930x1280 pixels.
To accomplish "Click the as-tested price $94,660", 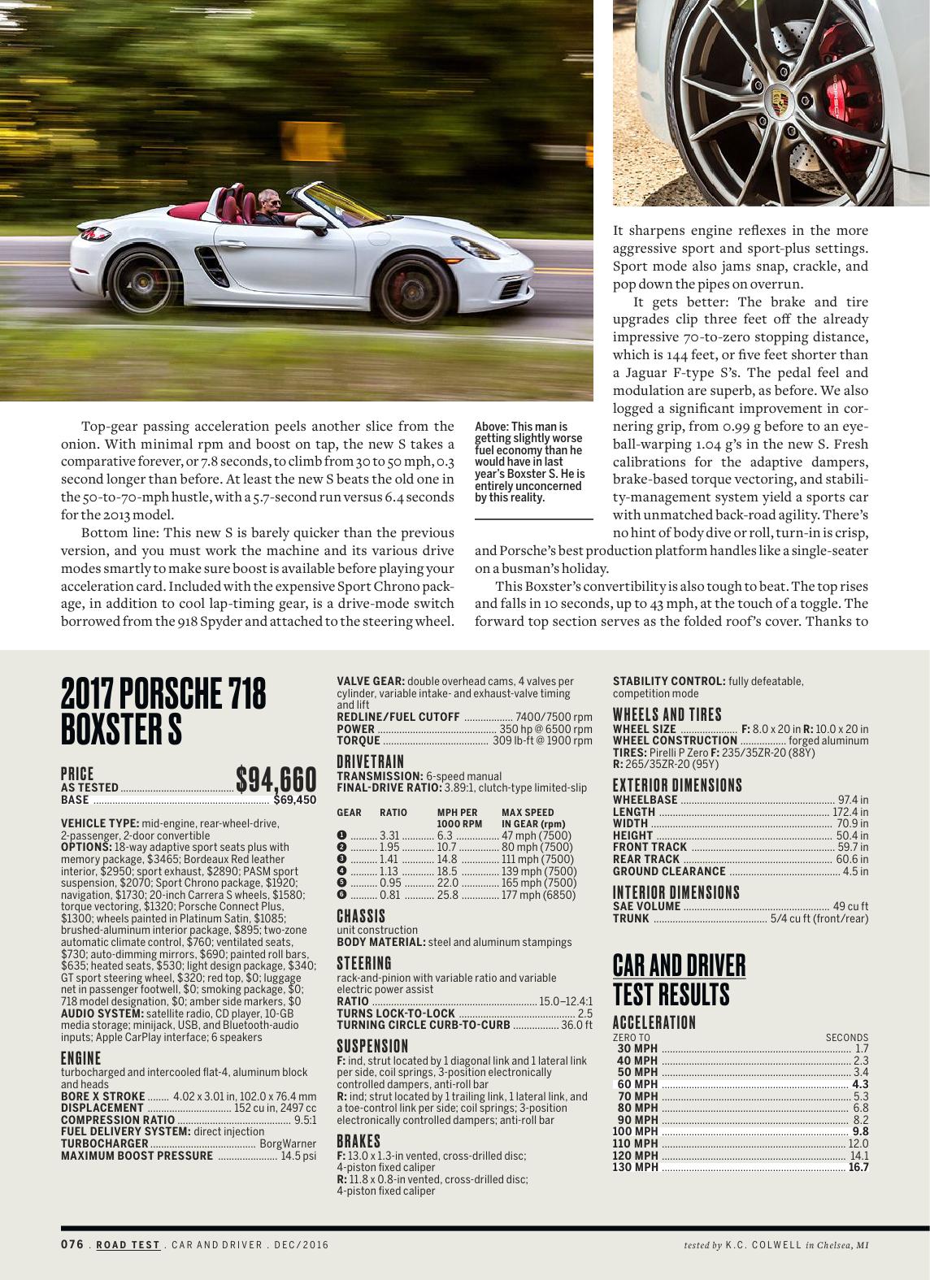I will [276, 780].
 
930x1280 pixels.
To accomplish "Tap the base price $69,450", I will [294, 800].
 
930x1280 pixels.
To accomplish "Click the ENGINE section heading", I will [81, 1058].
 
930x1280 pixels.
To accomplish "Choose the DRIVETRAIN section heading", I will [370, 761].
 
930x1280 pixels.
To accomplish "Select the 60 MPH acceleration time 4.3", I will [860, 1084].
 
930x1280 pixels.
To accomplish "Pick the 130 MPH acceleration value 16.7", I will [858, 1168].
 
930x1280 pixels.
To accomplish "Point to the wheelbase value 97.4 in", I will [854, 801].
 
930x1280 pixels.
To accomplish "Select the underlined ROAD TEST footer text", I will [128, 1244].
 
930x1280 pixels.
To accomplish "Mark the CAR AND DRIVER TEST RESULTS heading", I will [679, 979].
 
